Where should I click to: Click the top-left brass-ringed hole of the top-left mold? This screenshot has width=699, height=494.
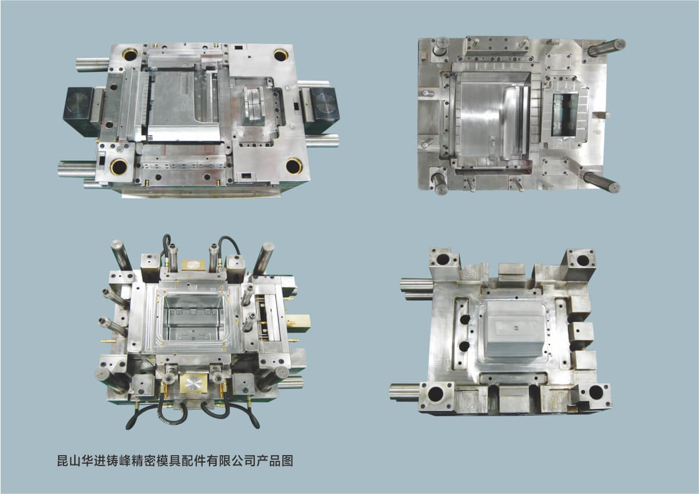(130, 55)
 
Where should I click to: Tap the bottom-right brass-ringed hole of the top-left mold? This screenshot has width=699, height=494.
(294, 167)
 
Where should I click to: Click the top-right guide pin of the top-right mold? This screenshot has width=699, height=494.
(606, 48)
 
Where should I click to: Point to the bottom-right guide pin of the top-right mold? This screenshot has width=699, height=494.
(601, 182)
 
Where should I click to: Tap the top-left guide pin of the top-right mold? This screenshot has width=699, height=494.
(441, 47)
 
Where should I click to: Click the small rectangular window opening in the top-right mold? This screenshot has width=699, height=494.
(565, 115)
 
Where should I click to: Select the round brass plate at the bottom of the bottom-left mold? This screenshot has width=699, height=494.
(193, 384)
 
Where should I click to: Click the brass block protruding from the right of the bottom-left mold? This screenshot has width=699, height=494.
(298, 323)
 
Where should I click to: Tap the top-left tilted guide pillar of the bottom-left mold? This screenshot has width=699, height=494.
(121, 255)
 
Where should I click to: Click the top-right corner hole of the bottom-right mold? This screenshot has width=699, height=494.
(583, 260)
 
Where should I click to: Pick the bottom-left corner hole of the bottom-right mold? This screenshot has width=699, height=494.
(435, 395)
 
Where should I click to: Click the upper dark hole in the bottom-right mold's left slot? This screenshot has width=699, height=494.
(464, 319)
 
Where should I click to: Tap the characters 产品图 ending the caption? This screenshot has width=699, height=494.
(275, 461)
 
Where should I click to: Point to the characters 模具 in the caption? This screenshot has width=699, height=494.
(168, 461)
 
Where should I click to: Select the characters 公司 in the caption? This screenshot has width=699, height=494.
(243, 461)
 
